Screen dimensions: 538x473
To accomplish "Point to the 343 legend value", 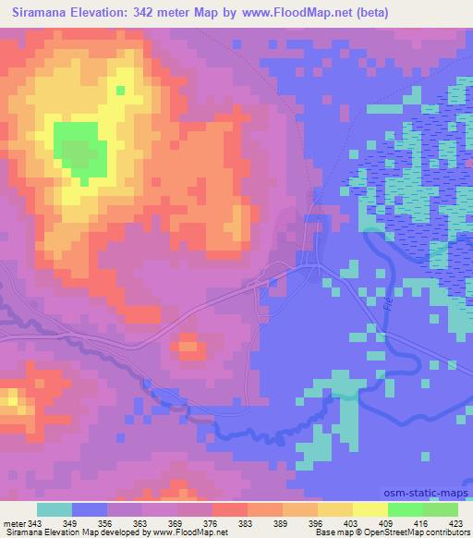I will (x=35, y=524).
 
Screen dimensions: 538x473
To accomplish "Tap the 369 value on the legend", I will (x=176, y=524).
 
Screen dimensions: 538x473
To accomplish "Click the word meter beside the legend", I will (x=13, y=524).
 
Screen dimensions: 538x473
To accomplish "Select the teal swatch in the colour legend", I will (x=55, y=509).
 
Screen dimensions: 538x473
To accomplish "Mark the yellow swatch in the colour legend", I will (x=370, y=509).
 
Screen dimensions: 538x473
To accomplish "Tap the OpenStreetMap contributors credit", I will (x=426, y=533).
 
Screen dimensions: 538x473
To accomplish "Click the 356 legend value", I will (x=106, y=524).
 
